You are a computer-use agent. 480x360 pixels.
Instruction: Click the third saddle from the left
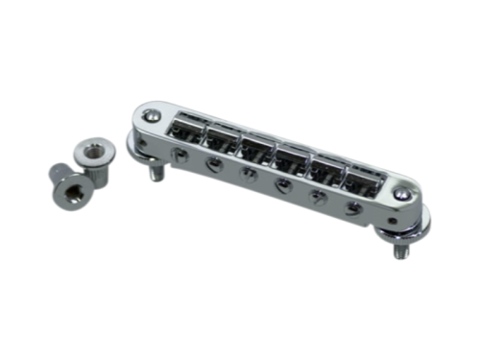pyautogui.click(x=253, y=151)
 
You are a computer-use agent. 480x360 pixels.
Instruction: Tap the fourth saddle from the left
pyautogui.click(x=288, y=159)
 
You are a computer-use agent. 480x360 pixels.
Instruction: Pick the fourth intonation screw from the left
pyautogui.click(x=280, y=182)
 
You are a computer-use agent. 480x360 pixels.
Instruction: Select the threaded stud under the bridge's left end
pyautogui.click(x=155, y=176)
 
